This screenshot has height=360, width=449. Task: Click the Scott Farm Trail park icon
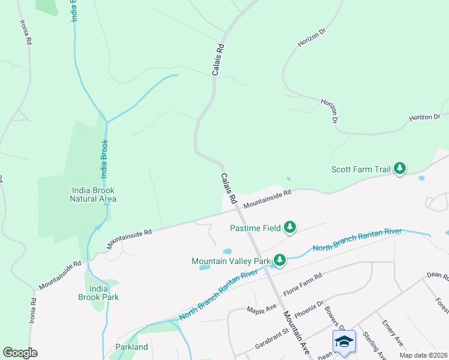click(x=400, y=170)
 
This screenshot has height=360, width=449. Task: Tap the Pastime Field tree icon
click(x=290, y=227)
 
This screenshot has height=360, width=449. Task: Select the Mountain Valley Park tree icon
click(x=279, y=260)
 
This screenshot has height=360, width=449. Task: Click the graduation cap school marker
click(x=344, y=342)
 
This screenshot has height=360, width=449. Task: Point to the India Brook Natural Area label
click(x=93, y=194)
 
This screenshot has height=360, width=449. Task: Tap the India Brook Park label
click(x=98, y=293)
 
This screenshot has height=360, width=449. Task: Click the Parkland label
click(x=131, y=347)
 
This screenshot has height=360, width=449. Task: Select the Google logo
click(x=20, y=353)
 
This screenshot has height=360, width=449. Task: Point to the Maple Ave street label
click(x=262, y=309)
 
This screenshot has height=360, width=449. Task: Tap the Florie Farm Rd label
click(x=303, y=282)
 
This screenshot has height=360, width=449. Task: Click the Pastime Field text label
click(x=255, y=227)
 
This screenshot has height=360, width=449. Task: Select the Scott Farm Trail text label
click(x=361, y=170)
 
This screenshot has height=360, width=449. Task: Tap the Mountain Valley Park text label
click(x=231, y=261)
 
